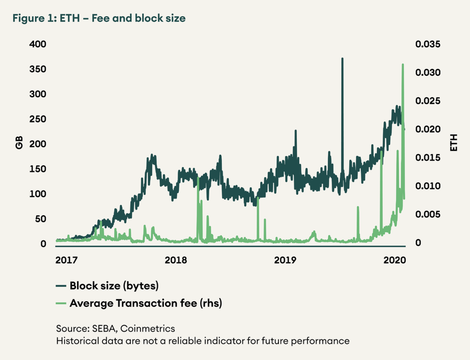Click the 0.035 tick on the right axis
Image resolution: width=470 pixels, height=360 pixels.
[428, 44]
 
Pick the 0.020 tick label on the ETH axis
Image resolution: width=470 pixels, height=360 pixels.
[428, 129]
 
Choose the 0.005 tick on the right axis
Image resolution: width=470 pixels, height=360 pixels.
[428, 215]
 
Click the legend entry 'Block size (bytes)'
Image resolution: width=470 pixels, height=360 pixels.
[114, 286]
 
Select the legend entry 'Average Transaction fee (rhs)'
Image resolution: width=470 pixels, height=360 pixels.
[145, 303]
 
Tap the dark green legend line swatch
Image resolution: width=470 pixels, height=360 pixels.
[62, 286]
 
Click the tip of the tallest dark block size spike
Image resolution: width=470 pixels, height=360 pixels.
[342, 59]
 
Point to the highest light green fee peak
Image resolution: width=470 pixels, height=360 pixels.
[403, 65]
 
